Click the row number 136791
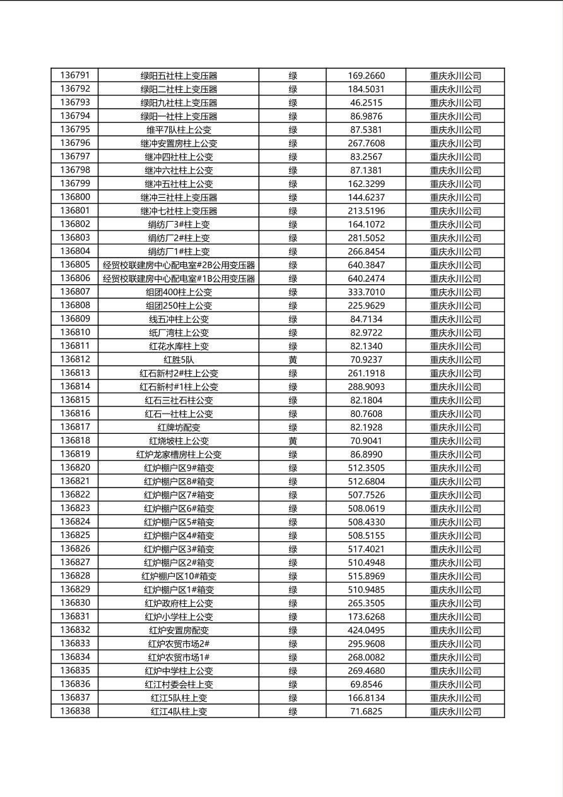point(75,76)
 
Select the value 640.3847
point(366,265)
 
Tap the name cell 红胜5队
point(179,360)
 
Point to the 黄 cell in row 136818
point(293,441)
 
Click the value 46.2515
point(366,103)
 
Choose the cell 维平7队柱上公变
point(179,130)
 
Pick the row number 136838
point(75,711)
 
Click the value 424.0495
point(366,630)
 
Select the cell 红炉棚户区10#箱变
point(179,576)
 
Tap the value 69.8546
point(366,684)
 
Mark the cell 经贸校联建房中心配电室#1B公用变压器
point(179,279)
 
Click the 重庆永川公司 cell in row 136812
point(455,360)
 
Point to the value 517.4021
point(366,549)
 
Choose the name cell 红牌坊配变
point(179,428)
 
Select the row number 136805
point(75,265)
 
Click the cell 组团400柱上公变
point(179,292)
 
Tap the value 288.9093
point(366,387)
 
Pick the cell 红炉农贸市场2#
point(179,644)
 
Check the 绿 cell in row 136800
point(293,198)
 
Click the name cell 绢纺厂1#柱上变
point(179,251)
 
